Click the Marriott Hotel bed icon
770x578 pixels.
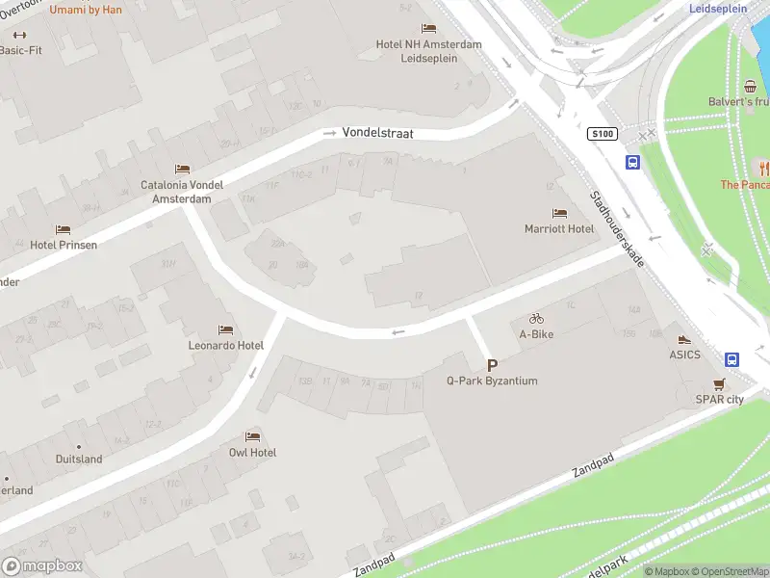[559, 213]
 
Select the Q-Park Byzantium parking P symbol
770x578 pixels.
[492, 365]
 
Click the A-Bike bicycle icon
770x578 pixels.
[536, 319]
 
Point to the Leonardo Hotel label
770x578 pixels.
[226, 346]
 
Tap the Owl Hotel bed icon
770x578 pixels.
[252, 436]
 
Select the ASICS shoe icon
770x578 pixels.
[684, 339]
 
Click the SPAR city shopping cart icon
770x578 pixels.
[718, 383]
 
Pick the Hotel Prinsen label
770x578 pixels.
[64, 245]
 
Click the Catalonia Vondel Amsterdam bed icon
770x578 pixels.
[182, 170]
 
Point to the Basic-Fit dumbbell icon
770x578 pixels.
[19, 35]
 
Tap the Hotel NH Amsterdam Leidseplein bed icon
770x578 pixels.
[429, 28]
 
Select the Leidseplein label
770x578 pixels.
[718, 8]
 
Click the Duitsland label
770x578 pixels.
[79, 460]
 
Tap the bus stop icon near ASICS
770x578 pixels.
[731, 359]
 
